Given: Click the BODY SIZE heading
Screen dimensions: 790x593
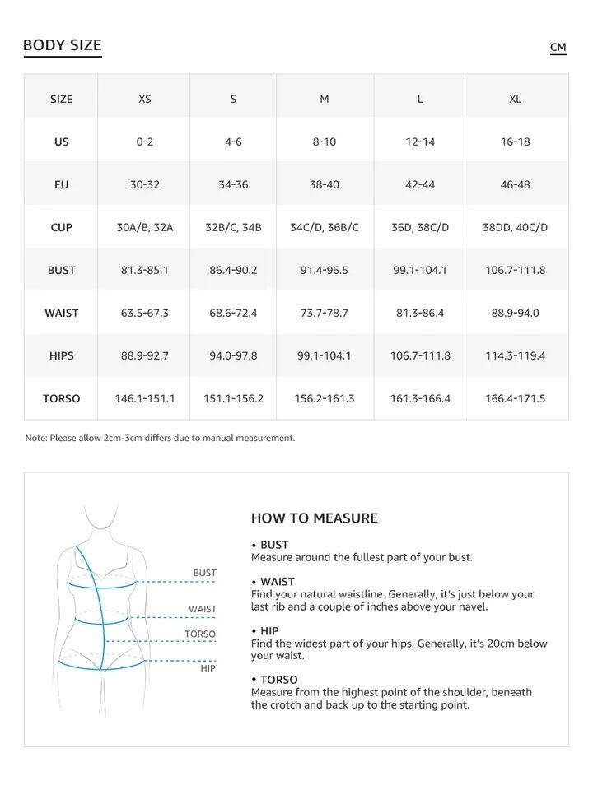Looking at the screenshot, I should [x=63, y=45].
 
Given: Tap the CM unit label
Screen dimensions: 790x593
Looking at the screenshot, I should [x=558, y=47].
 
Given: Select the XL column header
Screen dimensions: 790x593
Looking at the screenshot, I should [x=516, y=99].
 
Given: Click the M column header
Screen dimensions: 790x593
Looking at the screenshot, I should [x=325, y=99].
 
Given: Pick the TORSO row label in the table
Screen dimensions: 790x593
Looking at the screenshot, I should [x=62, y=398].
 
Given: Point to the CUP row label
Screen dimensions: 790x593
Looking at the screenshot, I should [x=62, y=227].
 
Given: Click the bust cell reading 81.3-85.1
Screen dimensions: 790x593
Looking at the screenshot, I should [x=145, y=270].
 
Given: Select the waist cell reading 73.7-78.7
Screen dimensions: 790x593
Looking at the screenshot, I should [x=325, y=313].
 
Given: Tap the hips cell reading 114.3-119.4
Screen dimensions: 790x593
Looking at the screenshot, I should [x=516, y=355].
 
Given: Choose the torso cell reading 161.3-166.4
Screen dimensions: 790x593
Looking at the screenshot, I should [x=420, y=398].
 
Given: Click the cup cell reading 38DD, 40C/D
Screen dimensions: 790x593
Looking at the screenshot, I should [x=516, y=227].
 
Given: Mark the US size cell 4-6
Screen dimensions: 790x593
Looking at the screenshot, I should [x=233, y=142].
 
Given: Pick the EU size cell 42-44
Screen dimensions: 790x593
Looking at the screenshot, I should [x=420, y=184].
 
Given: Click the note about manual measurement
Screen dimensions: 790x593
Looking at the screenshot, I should [x=160, y=438].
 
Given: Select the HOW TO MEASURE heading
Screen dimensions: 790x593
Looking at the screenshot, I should [x=314, y=518].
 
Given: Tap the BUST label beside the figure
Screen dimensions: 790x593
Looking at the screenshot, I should [x=204, y=573].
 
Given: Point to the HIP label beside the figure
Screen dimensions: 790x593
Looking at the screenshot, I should [x=208, y=668].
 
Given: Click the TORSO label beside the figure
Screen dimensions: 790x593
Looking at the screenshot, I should [x=200, y=634].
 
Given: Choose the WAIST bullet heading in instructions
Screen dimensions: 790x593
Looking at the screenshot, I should [x=278, y=582].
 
